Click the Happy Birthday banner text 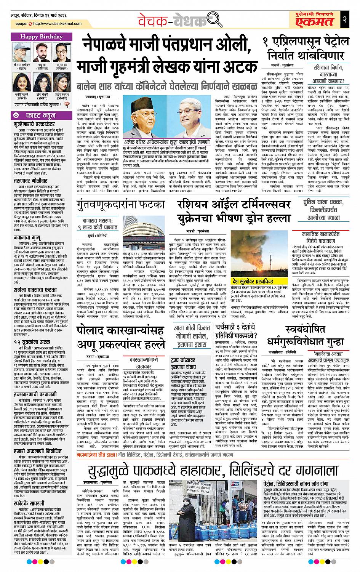[x=39, y=37]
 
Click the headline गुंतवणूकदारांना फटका [x=120, y=205]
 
